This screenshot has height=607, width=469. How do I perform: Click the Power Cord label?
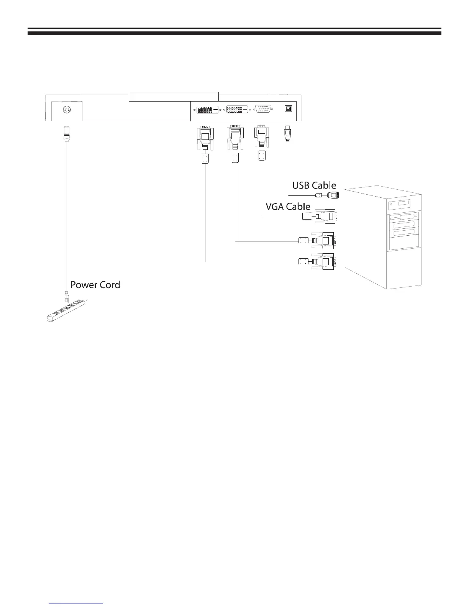(x=95, y=285)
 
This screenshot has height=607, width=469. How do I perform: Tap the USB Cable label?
(x=314, y=186)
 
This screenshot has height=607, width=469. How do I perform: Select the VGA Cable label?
(x=288, y=207)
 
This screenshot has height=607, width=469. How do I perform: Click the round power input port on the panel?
(x=67, y=111)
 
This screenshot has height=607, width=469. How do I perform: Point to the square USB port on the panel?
(x=288, y=109)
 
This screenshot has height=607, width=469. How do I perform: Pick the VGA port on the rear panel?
(x=264, y=109)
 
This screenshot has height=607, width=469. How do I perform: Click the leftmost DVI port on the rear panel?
(x=205, y=109)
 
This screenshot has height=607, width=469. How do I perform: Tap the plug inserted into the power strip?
(x=66, y=297)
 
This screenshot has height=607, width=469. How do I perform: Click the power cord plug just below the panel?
(x=67, y=133)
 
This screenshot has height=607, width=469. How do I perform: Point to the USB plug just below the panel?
(x=287, y=134)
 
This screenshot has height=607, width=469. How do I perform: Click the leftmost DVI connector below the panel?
(x=205, y=138)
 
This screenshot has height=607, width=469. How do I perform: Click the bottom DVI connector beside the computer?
(x=324, y=262)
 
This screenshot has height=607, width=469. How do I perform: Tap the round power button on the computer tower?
(x=391, y=205)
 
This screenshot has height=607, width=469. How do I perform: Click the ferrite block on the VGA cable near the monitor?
(x=262, y=156)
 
